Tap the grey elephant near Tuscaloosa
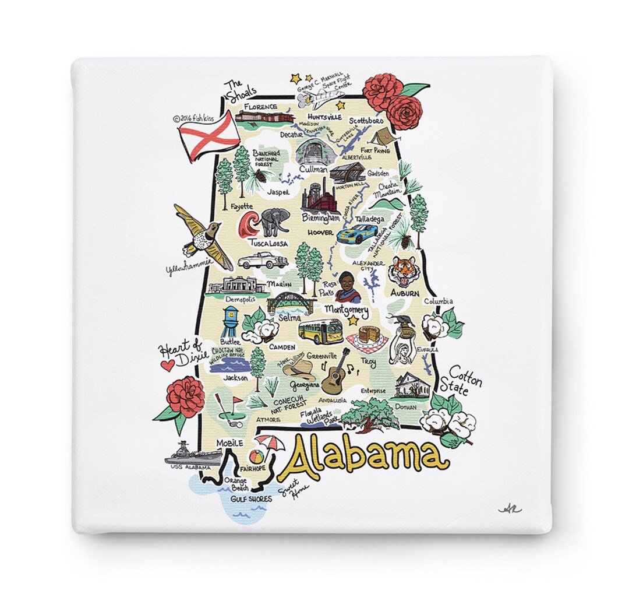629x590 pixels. coord(275,222)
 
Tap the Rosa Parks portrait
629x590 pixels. coord(348,286)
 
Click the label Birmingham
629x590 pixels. coord(320,217)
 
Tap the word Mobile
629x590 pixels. coord(229,443)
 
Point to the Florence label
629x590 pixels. coord(260,107)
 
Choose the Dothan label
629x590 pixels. coord(406,407)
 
